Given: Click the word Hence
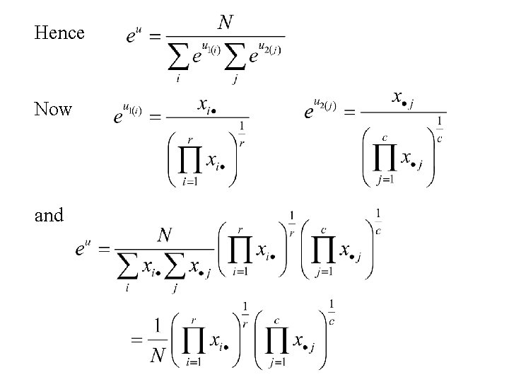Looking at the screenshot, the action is [59, 33].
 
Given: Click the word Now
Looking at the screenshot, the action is [53, 110].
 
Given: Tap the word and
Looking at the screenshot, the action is [49, 215].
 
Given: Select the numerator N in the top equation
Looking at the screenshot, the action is [226, 23].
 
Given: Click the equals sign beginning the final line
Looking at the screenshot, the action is [137, 340].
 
